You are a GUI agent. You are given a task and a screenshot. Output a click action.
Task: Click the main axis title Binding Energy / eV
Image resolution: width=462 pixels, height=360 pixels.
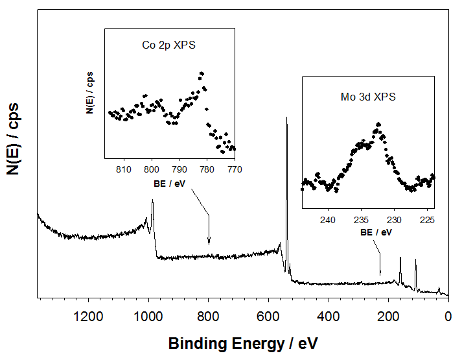pyautogui.click(x=243, y=342)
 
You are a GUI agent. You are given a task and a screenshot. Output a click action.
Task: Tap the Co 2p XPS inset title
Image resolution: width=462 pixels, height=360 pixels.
pyautogui.click(x=168, y=46)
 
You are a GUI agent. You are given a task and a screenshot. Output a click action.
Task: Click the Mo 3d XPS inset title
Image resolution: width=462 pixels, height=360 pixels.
pyautogui.click(x=368, y=97)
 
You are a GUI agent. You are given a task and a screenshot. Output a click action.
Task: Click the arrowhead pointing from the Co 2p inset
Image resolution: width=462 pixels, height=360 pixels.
pyautogui.click(x=209, y=243)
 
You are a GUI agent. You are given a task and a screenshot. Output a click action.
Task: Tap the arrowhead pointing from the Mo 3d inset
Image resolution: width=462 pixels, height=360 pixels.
pyautogui.click(x=380, y=273)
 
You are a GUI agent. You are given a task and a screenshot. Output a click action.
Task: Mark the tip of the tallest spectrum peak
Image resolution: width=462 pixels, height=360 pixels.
pyautogui.click(x=286, y=117)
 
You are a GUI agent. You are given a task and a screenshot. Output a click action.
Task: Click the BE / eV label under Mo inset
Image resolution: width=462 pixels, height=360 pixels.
pyautogui.click(x=368, y=232)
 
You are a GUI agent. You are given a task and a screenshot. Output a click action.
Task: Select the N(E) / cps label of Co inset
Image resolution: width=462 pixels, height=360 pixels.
pyautogui.click(x=91, y=93)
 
